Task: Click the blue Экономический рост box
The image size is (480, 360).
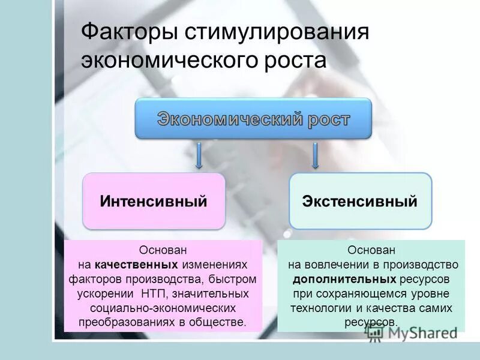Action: click(x=253, y=119)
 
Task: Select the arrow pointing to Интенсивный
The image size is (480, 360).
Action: click(x=199, y=155)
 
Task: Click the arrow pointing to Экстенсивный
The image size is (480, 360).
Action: click(x=314, y=155)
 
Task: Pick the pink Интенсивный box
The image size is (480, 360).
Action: click(x=154, y=201)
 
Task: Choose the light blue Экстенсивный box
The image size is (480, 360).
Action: click(x=360, y=201)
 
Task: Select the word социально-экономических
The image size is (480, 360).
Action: click(x=163, y=308)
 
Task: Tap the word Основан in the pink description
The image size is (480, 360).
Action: click(x=163, y=250)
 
